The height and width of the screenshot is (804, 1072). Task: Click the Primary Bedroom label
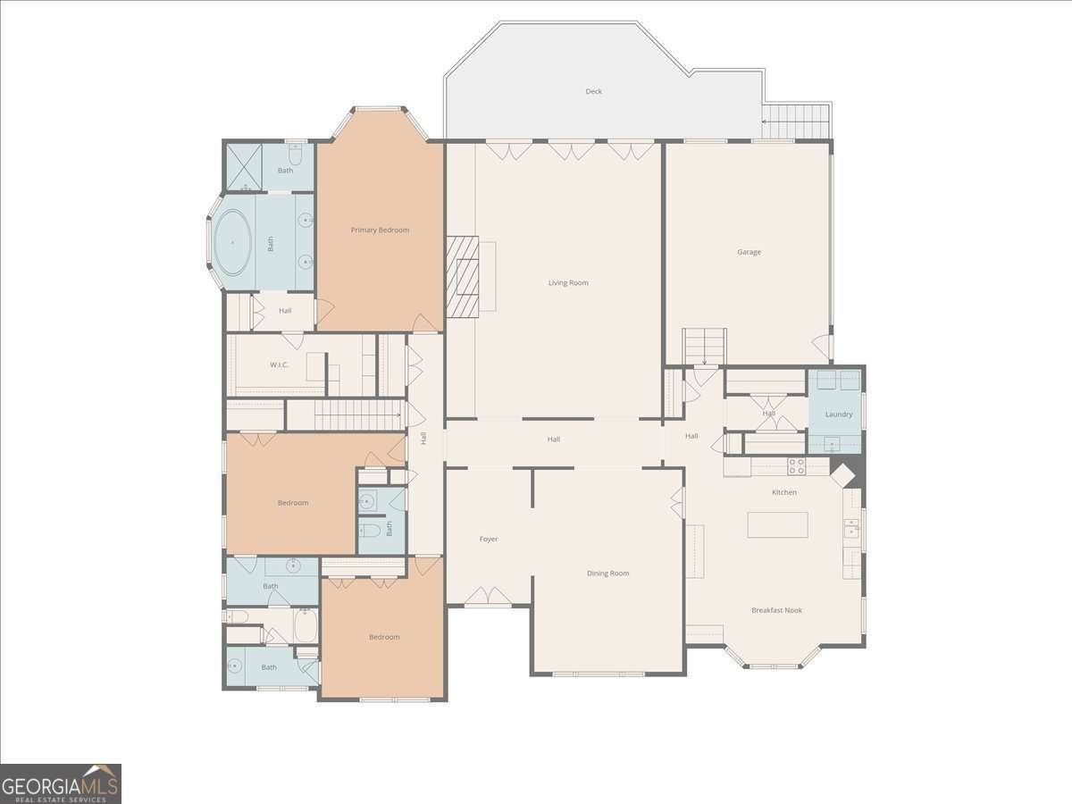click(380, 230)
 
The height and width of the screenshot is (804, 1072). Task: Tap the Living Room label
click(568, 282)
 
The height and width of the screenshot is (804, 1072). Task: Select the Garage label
click(750, 252)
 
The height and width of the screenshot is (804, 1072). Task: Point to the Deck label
click(594, 91)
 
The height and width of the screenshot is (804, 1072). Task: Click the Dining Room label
click(608, 574)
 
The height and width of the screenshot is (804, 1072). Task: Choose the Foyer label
click(489, 539)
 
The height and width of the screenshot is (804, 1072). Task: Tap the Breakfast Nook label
click(776, 610)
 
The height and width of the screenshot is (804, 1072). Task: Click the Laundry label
click(839, 415)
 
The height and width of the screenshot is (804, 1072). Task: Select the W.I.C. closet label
click(280, 364)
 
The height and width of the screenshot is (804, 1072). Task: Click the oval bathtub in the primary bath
click(233, 242)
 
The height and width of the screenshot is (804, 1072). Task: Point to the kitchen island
click(777, 524)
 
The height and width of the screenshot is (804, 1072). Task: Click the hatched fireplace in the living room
click(462, 277)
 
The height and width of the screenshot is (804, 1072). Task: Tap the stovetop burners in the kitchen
click(797, 466)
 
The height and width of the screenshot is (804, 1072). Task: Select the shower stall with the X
click(244, 167)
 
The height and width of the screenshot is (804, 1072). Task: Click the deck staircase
click(796, 121)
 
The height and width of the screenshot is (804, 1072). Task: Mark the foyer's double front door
click(488, 595)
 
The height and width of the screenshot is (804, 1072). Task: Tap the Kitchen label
click(784, 492)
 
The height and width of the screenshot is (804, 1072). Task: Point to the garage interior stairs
click(704, 347)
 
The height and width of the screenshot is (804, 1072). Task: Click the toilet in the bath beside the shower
click(296, 155)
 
